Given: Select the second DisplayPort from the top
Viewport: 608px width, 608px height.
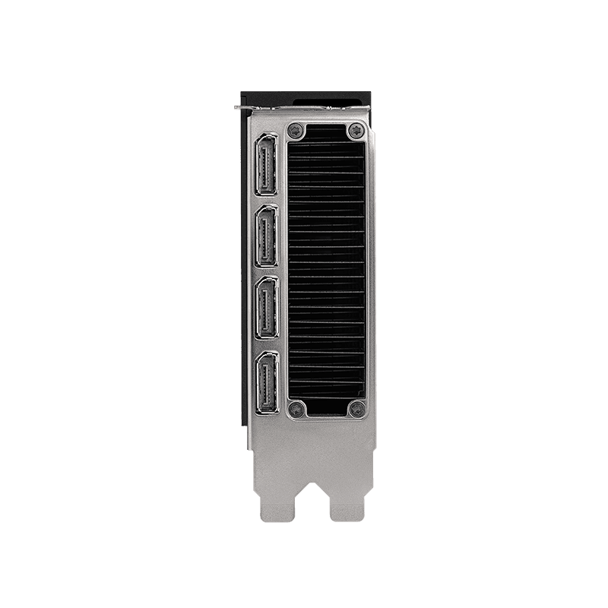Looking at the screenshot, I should pos(265,237).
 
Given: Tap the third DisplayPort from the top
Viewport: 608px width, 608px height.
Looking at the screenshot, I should pos(265,308).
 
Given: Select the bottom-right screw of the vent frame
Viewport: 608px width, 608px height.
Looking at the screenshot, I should pos(356,410).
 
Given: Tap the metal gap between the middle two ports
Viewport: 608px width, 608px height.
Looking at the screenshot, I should pos(265,273).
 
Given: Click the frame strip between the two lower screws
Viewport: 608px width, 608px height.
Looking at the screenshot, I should pos(327,413).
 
